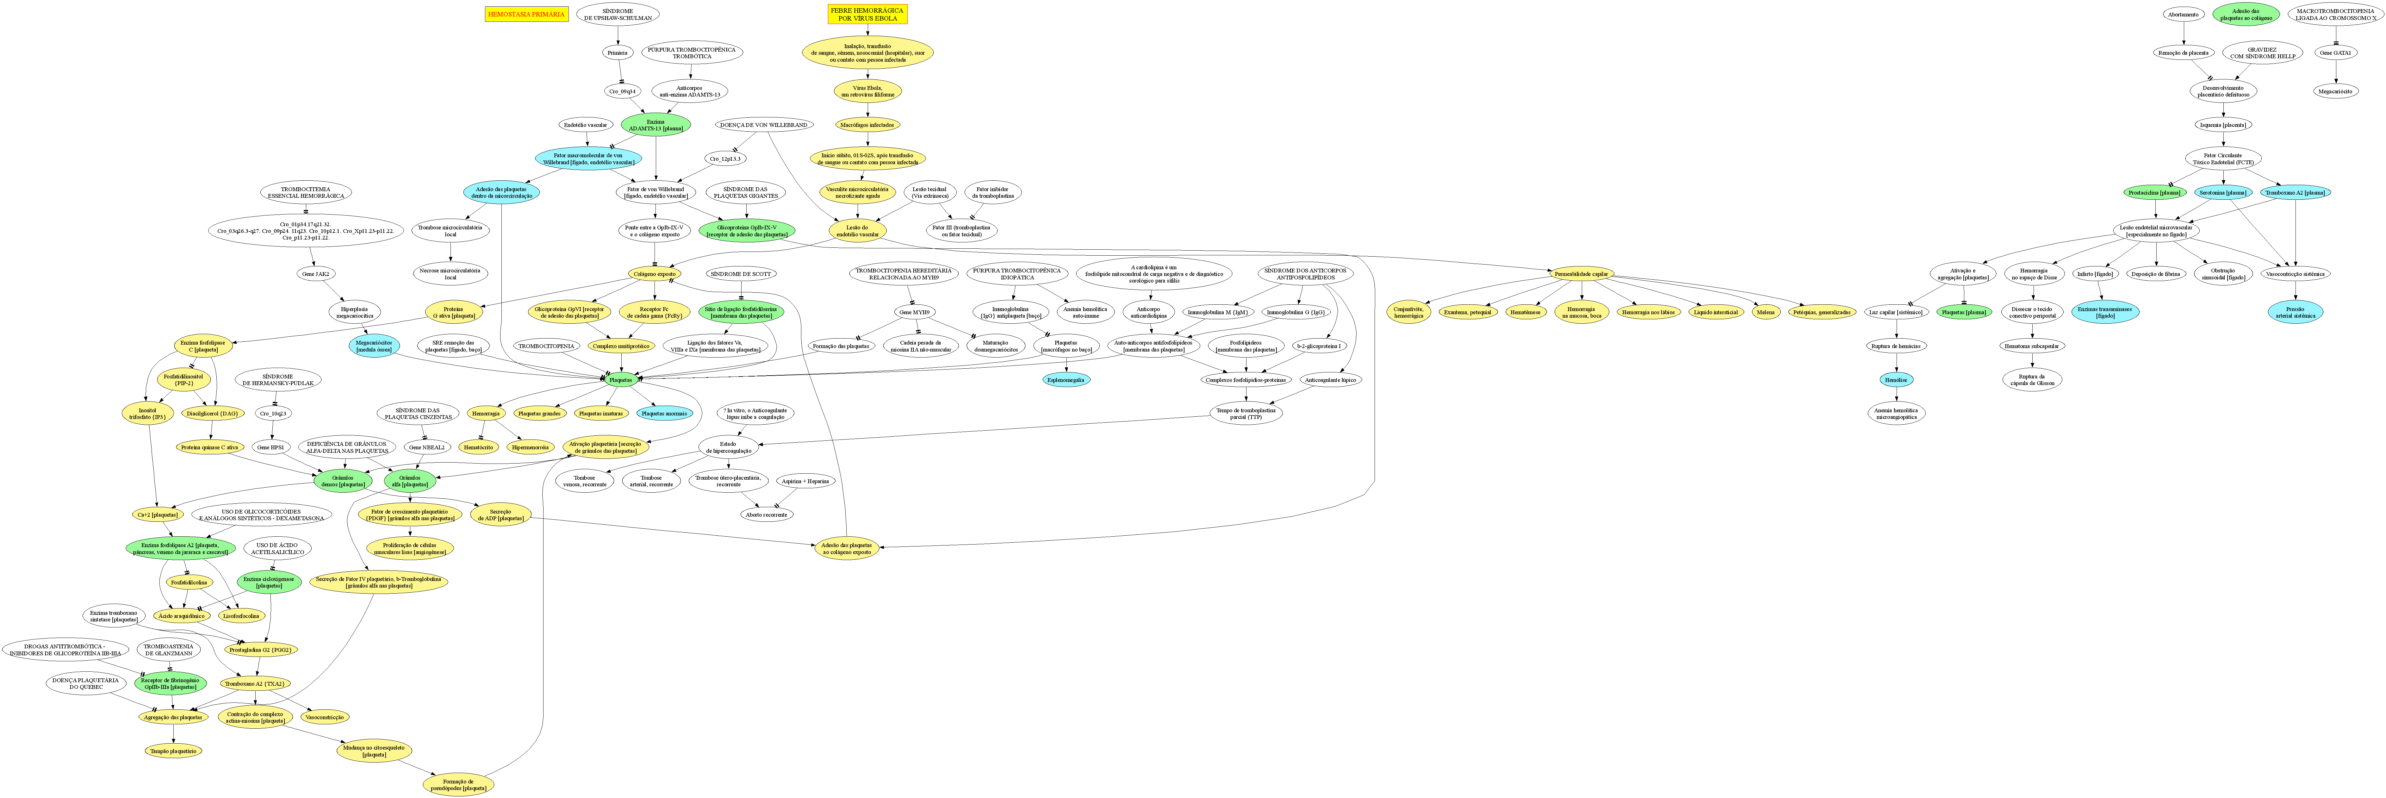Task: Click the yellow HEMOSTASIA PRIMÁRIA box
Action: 525,14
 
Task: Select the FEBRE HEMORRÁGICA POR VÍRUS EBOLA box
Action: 867,14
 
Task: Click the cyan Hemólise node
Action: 1895,379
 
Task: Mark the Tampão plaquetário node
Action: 173,751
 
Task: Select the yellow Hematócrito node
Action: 478,447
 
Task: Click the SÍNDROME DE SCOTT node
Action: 741,274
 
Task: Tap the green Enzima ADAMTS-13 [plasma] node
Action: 656,124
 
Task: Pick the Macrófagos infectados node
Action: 868,124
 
